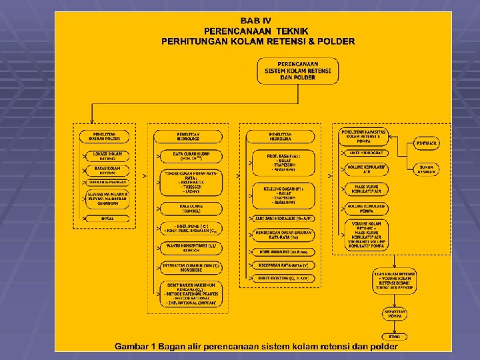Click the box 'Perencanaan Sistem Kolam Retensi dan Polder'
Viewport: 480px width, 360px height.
[x=297, y=71]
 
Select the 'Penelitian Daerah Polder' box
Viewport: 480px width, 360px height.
[x=107, y=136]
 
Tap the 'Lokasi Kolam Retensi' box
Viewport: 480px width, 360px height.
[x=107, y=156]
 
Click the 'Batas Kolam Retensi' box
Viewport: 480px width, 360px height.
[x=107, y=170]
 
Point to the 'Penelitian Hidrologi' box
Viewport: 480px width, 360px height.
[x=187, y=137]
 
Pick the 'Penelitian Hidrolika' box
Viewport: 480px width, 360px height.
[x=280, y=137]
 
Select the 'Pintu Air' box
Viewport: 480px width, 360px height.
[x=427, y=143]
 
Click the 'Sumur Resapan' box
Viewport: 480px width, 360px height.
[x=427, y=169]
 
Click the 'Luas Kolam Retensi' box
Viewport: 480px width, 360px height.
[x=395, y=282]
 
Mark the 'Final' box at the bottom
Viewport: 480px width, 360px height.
[x=395, y=336]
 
